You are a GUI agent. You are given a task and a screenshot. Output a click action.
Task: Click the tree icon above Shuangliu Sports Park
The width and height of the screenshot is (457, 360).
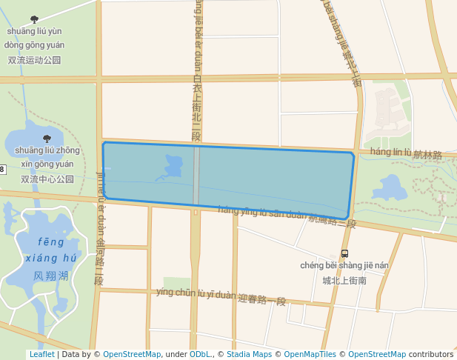(x=34, y=19)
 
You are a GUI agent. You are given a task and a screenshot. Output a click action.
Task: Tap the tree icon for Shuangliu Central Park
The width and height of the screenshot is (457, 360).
(x=47, y=139)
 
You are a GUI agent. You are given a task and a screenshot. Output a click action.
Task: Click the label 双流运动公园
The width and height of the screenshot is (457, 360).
(x=34, y=60)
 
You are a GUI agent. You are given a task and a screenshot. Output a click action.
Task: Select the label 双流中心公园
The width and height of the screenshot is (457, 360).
(x=47, y=179)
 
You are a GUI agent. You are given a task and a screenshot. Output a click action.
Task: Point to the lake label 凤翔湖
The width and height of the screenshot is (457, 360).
(x=51, y=276)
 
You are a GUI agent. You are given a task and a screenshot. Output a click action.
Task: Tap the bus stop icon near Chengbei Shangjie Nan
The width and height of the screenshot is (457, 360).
(x=344, y=253)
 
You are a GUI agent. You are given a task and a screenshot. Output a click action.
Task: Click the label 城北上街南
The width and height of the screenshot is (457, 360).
(x=344, y=280)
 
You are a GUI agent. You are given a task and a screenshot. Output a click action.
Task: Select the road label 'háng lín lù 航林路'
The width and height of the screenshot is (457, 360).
(x=405, y=153)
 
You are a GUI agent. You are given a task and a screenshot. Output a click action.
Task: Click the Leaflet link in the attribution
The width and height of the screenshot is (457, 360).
(x=41, y=354)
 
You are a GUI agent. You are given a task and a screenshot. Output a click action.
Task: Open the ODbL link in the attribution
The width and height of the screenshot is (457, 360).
(x=200, y=354)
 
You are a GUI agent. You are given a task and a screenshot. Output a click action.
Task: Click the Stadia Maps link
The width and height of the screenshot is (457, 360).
(x=247, y=354)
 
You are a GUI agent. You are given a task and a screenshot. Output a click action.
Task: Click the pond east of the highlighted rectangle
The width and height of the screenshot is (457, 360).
(x=391, y=188)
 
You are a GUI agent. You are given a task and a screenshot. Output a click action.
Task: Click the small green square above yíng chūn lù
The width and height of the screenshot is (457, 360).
(x=176, y=283)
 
